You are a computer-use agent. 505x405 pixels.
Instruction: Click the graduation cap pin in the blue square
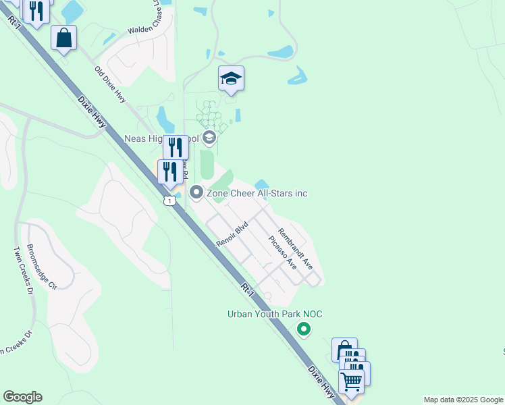[x=231, y=79]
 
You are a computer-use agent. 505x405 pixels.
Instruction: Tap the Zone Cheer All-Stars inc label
[x=257, y=194]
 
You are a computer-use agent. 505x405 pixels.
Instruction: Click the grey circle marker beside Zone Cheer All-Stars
[x=196, y=193]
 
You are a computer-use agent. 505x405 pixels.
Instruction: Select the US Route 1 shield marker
[x=169, y=200]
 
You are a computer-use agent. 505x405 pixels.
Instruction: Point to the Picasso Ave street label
[x=282, y=253]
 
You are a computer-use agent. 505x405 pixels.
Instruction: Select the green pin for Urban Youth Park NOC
[x=304, y=329]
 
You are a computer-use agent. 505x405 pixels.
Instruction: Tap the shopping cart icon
[x=351, y=381]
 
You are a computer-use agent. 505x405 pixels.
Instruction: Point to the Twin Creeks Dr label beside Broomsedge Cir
[x=24, y=271]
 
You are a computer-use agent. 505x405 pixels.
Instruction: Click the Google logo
[x=22, y=397]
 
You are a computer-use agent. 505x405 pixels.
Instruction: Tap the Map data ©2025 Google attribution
[x=463, y=400]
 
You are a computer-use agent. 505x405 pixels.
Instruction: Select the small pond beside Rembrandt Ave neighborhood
[x=262, y=184]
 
